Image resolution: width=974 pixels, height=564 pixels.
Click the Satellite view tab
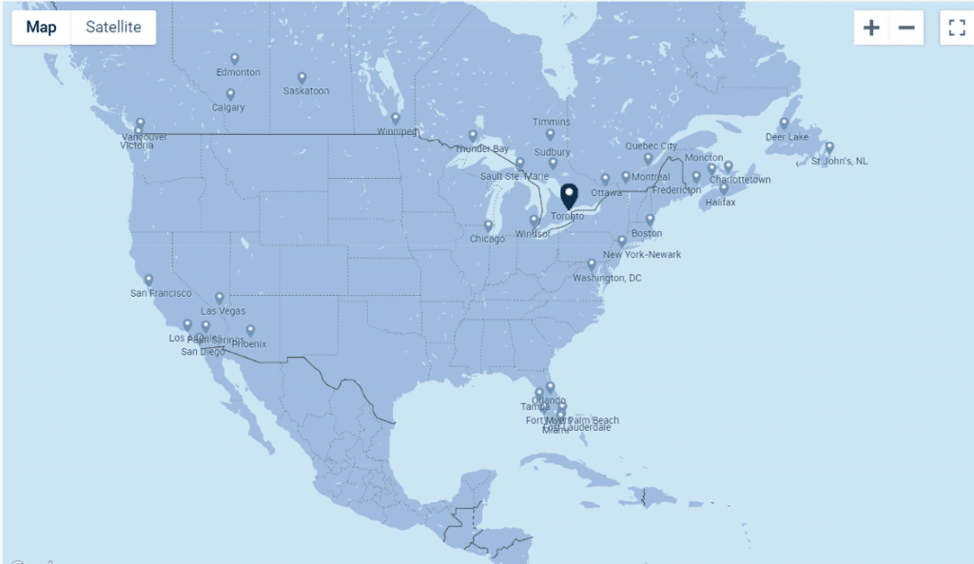pos(113,27)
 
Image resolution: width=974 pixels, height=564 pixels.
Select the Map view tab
pos(41,27)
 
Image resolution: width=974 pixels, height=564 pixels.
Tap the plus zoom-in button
pos(871,28)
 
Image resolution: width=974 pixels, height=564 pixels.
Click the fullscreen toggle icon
pos(956,28)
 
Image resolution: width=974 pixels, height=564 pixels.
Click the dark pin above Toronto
pos(569,195)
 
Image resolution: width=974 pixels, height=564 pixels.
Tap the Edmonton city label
pos(238,73)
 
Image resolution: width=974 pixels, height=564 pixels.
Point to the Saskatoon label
pos(306,91)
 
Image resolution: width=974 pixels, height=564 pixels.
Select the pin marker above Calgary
pos(230,94)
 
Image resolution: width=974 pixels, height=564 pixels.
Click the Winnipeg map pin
pos(396,119)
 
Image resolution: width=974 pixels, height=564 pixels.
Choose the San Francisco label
pos(161,294)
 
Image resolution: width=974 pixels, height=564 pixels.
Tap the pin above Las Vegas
pos(220,298)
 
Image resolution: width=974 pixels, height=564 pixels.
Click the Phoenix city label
pos(248,344)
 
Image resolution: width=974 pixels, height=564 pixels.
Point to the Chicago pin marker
pos(488,226)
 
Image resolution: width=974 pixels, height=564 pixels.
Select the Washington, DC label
pos(607,279)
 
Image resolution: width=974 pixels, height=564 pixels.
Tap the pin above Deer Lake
pos(785,123)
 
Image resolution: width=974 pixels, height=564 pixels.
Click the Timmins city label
pos(552,123)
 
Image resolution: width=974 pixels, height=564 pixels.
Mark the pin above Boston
pos(650,220)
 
